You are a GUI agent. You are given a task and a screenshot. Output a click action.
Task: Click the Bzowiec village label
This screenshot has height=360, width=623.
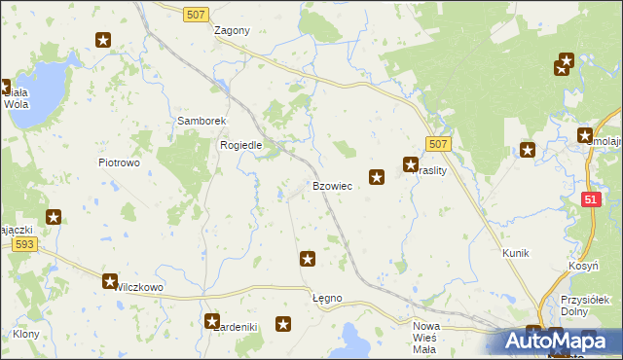pos(332,185)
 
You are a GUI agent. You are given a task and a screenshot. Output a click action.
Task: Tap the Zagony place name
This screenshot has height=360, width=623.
pos(233,30)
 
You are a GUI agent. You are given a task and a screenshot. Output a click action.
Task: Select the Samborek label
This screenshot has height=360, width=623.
pos(202,121)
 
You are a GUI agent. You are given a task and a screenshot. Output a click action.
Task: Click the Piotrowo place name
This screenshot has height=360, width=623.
pos(119,162)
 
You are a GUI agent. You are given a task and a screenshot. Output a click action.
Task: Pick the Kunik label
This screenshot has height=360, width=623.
pos(515,253)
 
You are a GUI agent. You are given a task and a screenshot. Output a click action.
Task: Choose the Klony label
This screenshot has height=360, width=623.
pos(25,334)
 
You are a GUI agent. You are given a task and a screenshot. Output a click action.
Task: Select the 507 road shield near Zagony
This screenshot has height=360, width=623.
pos(196,11)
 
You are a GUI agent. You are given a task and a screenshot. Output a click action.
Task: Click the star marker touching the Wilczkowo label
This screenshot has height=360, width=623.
pos(110,281)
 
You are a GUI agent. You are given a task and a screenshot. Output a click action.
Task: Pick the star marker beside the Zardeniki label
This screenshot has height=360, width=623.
pos(212,320)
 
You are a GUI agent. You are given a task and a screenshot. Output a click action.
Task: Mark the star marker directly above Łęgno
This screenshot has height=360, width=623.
pos(308,259)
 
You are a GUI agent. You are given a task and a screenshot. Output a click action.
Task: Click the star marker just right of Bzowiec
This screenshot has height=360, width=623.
pos(377,177)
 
